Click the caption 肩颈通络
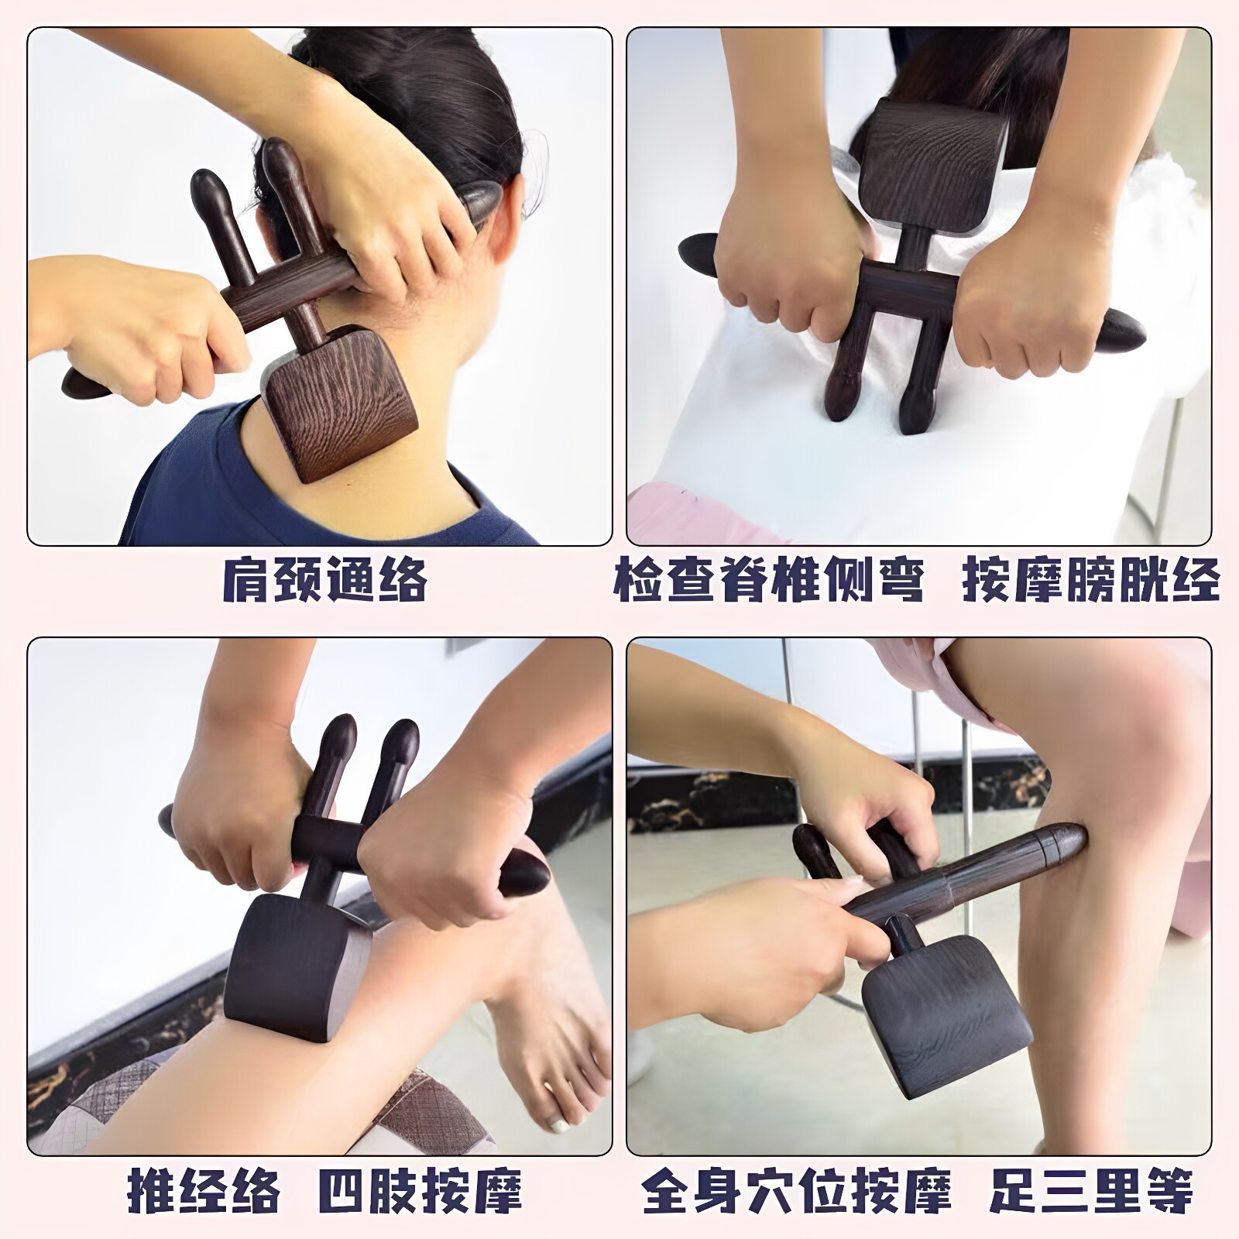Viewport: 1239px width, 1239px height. point(324,579)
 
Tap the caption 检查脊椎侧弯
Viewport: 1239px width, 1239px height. point(769,579)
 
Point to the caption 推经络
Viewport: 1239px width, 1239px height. point(203,1190)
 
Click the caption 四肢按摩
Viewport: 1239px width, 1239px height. point(420,1190)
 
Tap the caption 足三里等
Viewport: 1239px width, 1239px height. point(1091,1190)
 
